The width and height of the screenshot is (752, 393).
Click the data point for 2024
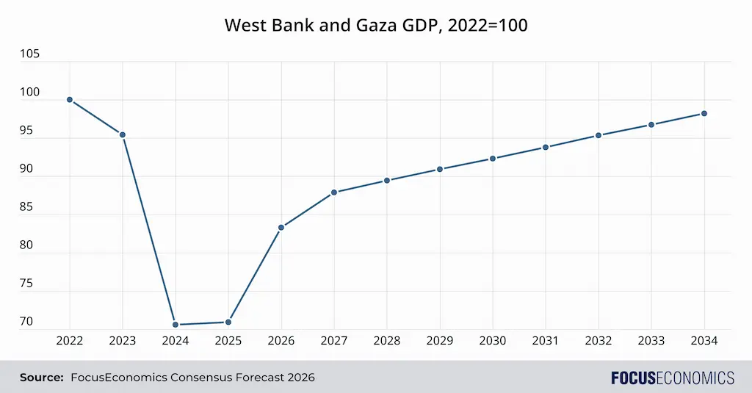[x=176, y=324]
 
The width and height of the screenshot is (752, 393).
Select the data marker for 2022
[x=70, y=99]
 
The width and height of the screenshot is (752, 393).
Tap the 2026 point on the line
[x=281, y=227]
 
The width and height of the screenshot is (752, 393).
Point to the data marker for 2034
[x=704, y=113]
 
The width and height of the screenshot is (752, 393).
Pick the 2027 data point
[x=334, y=192]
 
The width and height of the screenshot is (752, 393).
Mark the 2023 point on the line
[x=123, y=134]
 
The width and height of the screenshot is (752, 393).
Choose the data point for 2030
[x=493, y=158]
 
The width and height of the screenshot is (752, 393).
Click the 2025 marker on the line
[x=228, y=322]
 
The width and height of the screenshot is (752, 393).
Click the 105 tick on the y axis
[x=30, y=54]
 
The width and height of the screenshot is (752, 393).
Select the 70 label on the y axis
[x=26, y=321]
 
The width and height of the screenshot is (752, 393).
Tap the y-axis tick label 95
[x=26, y=131]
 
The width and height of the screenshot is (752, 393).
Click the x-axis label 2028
[x=387, y=341]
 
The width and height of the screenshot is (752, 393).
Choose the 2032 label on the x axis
[x=599, y=341]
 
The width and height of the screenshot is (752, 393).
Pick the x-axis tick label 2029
[x=440, y=341]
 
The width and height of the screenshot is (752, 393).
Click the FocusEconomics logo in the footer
[x=672, y=378]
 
